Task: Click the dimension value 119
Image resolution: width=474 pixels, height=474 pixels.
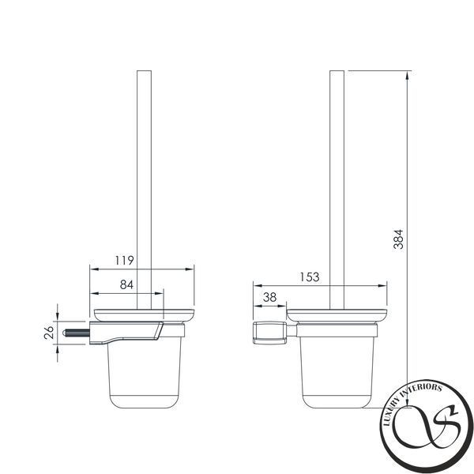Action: click(x=124, y=260)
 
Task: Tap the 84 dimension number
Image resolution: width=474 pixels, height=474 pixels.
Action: click(x=126, y=284)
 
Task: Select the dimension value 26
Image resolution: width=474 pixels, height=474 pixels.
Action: click(x=49, y=333)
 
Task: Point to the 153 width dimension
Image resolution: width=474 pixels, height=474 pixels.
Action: click(x=309, y=277)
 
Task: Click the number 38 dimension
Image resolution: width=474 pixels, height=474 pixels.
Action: click(x=269, y=298)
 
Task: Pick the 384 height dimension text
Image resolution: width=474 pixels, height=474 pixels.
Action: click(x=398, y=239)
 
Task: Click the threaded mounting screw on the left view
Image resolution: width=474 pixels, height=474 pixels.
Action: click(x=76, y=333)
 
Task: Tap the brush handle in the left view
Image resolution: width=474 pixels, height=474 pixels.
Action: click(x=145, y=190)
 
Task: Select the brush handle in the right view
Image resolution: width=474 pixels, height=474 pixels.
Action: click(x=337, y=190)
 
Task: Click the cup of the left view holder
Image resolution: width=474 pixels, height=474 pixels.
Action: click(x=145, y=374)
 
